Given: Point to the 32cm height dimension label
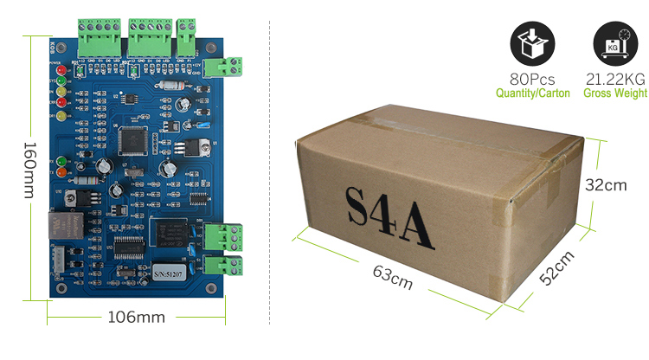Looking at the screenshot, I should pos(605,184).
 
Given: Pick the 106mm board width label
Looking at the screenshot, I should pos(135,317).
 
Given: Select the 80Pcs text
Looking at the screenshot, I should pos(532,78).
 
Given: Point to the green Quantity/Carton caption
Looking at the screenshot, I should pos(532,93).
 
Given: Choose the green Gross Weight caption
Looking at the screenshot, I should pos(615,93).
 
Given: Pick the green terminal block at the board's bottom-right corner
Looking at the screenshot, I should pos(228,263).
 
